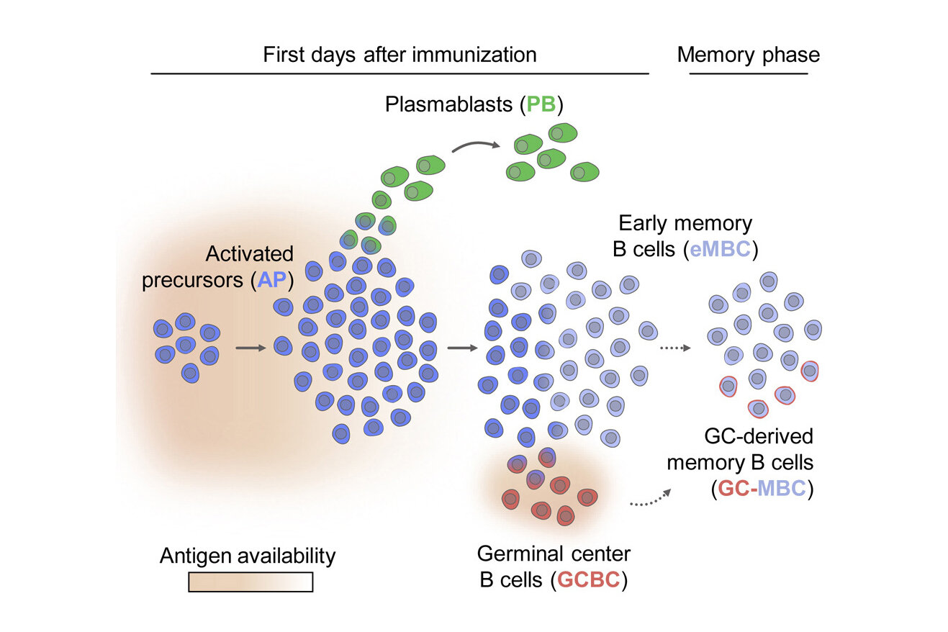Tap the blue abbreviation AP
pos(273,279)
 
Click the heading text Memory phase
pos(748,55)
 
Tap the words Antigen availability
pos(248,556)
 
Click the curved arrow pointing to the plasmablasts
pos(475,146)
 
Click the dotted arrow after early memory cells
pos(674,348)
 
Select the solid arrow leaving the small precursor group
pos(251,348)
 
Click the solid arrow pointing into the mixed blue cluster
pos(462,348)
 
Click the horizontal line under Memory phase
pos(749,73)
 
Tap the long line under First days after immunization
pos(399,73)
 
